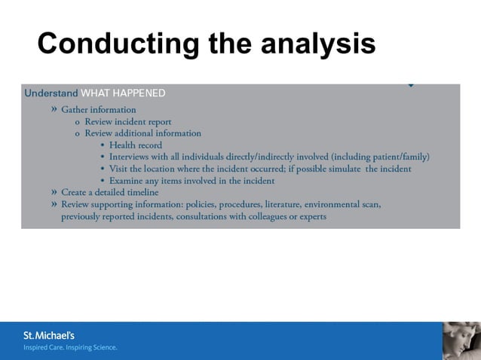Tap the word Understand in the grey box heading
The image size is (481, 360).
tap(51, 93)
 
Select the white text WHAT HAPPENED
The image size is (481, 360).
tap(123, 93)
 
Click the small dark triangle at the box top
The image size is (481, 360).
tap(410, 85)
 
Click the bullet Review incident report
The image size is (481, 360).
tap(127, 121)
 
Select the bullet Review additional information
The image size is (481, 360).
tap(142, 133)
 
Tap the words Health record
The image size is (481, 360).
tap(135, 145)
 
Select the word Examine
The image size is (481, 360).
tap(127, 181)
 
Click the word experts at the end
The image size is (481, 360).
tap(311, 217)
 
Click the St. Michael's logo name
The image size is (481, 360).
tap(49, 335)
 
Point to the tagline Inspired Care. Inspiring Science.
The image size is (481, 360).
tap(70, 348)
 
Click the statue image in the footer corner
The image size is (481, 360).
tap(461, 340)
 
